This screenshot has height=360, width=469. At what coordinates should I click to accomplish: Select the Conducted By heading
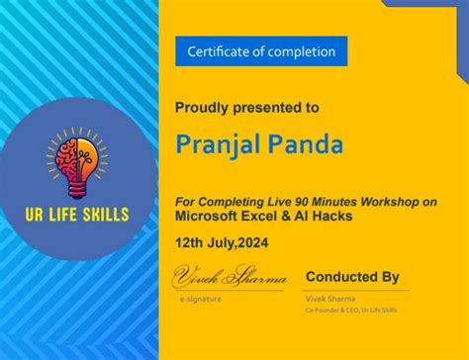click(352, 277)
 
